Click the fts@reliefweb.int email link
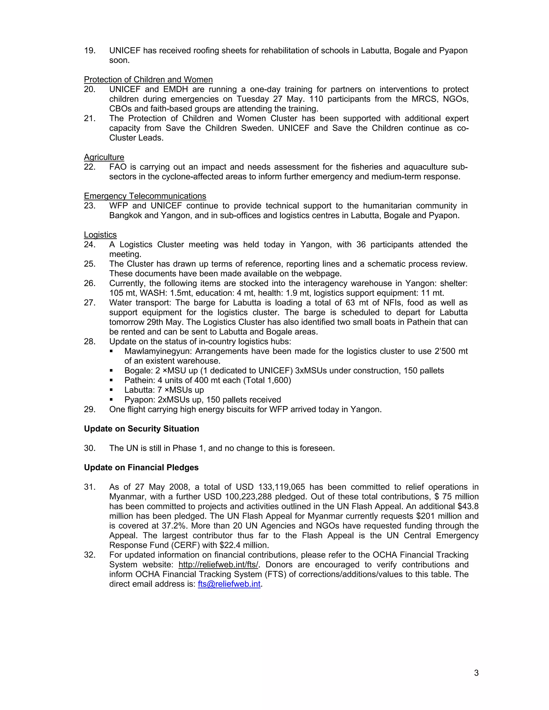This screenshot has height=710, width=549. point(229,584)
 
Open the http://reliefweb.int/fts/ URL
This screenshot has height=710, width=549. point(218,565)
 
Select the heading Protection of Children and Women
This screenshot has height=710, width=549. point(148,80)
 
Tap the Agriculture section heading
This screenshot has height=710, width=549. point(104,157)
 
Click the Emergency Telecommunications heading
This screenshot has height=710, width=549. point(145,196)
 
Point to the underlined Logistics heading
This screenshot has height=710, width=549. point(100,235)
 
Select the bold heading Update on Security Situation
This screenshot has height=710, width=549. point(142,429)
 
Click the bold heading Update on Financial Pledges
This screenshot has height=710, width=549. point(141,468)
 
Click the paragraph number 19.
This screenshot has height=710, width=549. point(90,51)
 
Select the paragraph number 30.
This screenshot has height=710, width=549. point(90,448)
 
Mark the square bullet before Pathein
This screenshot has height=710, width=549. point(111,380)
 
